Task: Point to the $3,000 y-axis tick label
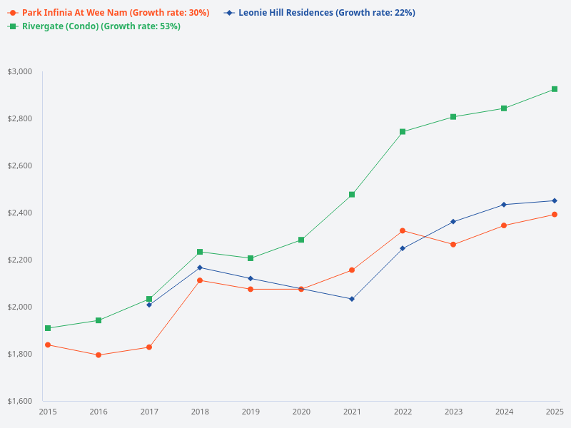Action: click(x=19, y=71)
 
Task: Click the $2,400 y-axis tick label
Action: click(x=19, y=213)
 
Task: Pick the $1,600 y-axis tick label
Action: click(x=19, y=401)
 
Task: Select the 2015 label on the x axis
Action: click(x=48, y=412)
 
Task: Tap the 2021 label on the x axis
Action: click(x=352, y=412)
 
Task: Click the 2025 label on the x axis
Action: click(x=555, y=412)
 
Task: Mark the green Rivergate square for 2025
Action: click(x=555, y=89)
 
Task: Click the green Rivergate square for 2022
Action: click(x=403, y=131)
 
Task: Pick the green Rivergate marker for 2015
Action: click(x=48, y=328)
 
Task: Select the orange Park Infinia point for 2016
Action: click(x=98, y=355)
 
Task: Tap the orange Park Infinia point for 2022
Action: click(x=403, y=230)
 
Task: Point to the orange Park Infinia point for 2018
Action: click(x=200, y=280)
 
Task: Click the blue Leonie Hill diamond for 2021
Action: click(x=352, y=299)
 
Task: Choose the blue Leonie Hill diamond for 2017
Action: click(x=149, y=305)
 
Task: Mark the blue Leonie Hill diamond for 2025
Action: click(x=555, y=200)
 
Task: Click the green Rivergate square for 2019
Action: click(x=251, y=258)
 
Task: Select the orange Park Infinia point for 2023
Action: click(x=453, y=245)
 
